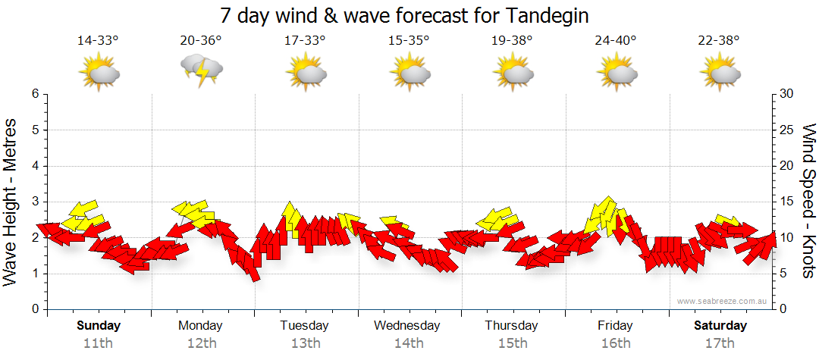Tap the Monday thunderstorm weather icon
coord(202,72)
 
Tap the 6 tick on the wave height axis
coord(34,94)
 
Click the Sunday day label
coord(99,326)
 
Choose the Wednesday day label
coord(408,326)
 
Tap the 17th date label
coord(720,343)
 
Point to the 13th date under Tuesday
coord(305,343)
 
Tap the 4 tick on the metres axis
coord(34,166)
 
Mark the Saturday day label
coord(720,326)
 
